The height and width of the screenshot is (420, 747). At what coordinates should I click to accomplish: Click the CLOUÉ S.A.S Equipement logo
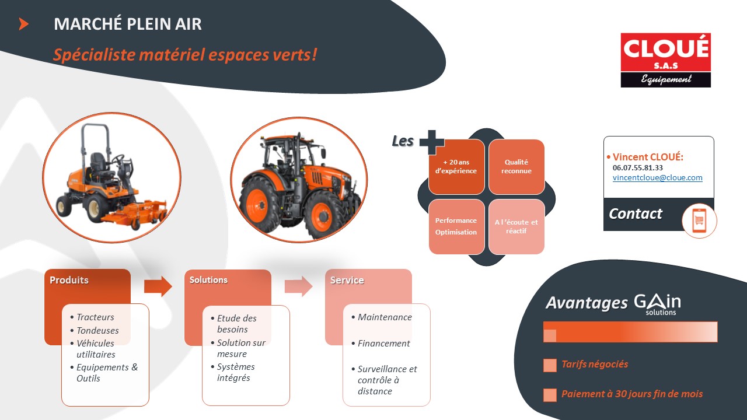coord(666,60)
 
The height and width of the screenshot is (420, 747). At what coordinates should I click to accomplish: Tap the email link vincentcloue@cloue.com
coord(657,178)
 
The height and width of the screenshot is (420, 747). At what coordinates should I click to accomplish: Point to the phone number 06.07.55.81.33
coord(638,167)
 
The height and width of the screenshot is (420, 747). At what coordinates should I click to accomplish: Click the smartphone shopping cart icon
coord(699,220)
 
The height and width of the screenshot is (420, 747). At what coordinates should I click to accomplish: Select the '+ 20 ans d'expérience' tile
coord(456,167)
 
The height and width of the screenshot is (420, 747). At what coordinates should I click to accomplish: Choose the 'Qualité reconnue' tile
coord(516,167)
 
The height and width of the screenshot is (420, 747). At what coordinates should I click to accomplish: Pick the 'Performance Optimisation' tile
coord(456,227)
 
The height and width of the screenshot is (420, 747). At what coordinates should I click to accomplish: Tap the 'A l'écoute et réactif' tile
coord(516,227)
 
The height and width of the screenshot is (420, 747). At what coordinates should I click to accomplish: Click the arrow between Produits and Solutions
coord(158,286)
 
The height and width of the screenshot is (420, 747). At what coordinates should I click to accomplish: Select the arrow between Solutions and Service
coord(298,286)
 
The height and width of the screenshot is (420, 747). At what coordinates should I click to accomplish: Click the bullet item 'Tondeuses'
coord(97,330)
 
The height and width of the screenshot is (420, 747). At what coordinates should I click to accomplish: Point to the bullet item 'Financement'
coord(383,344)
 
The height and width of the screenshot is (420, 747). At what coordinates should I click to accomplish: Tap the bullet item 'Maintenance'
coord(385,317)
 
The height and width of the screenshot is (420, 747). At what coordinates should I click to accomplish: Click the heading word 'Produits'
coord(69,280)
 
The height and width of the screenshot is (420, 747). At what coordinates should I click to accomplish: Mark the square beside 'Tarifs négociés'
coord(550,365)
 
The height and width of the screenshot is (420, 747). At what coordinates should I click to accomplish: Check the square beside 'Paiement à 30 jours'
coord(550,395)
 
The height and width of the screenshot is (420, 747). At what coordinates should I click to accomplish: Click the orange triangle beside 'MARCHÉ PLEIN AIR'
coord(23,24)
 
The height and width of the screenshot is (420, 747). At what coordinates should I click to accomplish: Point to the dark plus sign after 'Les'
coord(432,142)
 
